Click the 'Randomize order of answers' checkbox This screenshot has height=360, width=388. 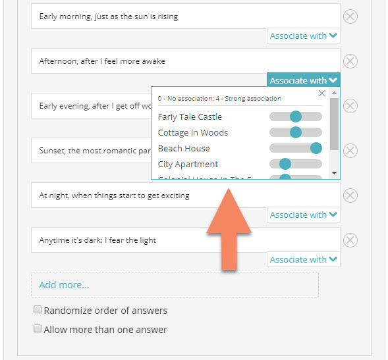38,310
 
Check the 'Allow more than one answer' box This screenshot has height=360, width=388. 38,329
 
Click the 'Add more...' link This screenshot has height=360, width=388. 64,285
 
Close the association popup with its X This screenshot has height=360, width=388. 321,93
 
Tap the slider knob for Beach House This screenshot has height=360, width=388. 316,148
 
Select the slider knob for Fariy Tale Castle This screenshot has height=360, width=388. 295,116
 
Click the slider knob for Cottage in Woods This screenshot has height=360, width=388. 295,132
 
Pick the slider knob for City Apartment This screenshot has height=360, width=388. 285,164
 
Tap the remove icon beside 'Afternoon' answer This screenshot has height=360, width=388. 350,61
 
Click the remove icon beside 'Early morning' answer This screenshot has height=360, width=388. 350,16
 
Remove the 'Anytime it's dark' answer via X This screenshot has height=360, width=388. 350,240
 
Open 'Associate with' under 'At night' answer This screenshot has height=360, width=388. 303,215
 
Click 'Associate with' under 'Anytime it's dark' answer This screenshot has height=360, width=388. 303,259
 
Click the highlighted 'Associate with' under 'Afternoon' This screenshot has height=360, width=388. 303,80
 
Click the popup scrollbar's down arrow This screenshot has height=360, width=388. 334,173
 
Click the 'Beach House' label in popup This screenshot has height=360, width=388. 184,148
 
